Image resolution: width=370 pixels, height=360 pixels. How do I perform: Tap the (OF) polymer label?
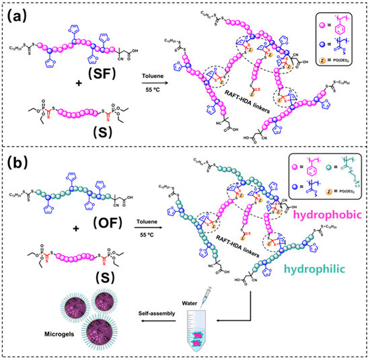(99, 237)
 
